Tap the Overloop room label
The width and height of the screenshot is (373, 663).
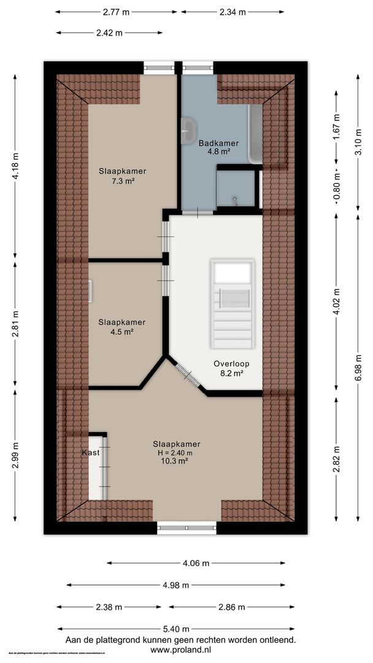[x=227, y=363]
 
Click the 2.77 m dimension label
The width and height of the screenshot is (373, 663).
[x=117, y=12]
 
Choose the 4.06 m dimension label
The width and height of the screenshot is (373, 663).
[x=196, y=562]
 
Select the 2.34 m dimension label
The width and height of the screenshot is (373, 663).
[x=233, y=12]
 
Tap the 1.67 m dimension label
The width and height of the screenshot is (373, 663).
[x=336, y=129]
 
